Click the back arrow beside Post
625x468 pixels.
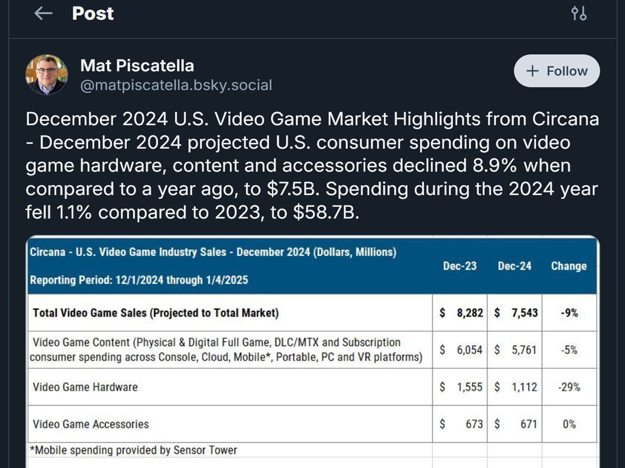click(x=44, y=14)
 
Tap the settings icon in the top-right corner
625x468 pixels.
click(x=579, y=14)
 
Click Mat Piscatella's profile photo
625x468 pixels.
click(x=46, y=74)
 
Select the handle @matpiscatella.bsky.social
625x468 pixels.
click(x=176, y=85)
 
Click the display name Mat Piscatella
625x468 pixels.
click(x=137, y=66)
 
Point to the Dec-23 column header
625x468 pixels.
click(x=460, y=266)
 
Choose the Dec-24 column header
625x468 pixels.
click(x=515, y=266)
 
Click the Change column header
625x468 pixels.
click(x=569, y=266)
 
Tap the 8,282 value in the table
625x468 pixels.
click(x=469, y=313)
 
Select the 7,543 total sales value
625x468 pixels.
click(x=523, y=313)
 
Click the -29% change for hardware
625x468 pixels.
click(x=569, y=387)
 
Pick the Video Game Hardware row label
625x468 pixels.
click(x=85, y=387)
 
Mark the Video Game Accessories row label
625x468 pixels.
click(x=91, y=424)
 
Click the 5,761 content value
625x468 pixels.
click(x=523, y=350)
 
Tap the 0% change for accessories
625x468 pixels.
click(x=569, y=424)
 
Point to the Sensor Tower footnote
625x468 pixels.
click(x=134, y=450)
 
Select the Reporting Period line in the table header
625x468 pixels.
click(x=139, y=280)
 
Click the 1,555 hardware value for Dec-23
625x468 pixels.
click(x=469, y=387)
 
